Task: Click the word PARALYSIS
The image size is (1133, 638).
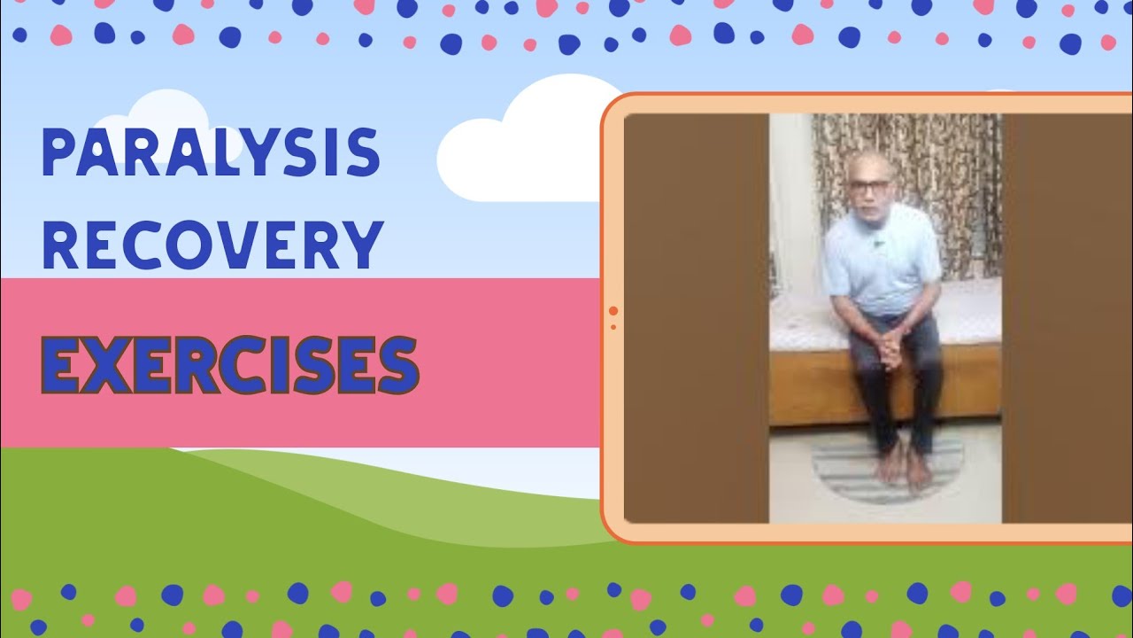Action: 211,152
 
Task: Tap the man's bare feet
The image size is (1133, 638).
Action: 904,466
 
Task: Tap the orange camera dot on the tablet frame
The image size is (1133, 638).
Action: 613,311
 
